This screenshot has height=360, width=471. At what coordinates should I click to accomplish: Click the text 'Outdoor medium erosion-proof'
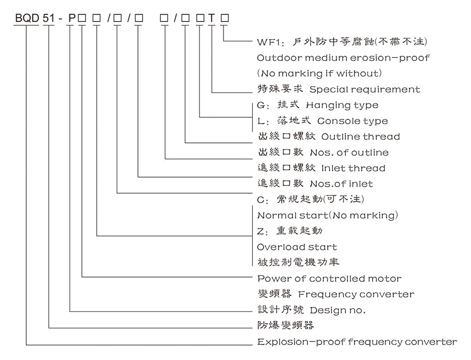coord(343,57)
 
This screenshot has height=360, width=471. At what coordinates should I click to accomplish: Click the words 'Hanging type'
coord(342,105)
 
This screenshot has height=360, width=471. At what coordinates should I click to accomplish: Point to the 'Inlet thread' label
coord(353,168)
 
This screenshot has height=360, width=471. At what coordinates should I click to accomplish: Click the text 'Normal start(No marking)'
coord(328,216)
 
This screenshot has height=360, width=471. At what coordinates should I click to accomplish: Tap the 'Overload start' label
coord(297,247)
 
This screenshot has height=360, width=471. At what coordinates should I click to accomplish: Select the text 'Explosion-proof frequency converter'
coord(357,342)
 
